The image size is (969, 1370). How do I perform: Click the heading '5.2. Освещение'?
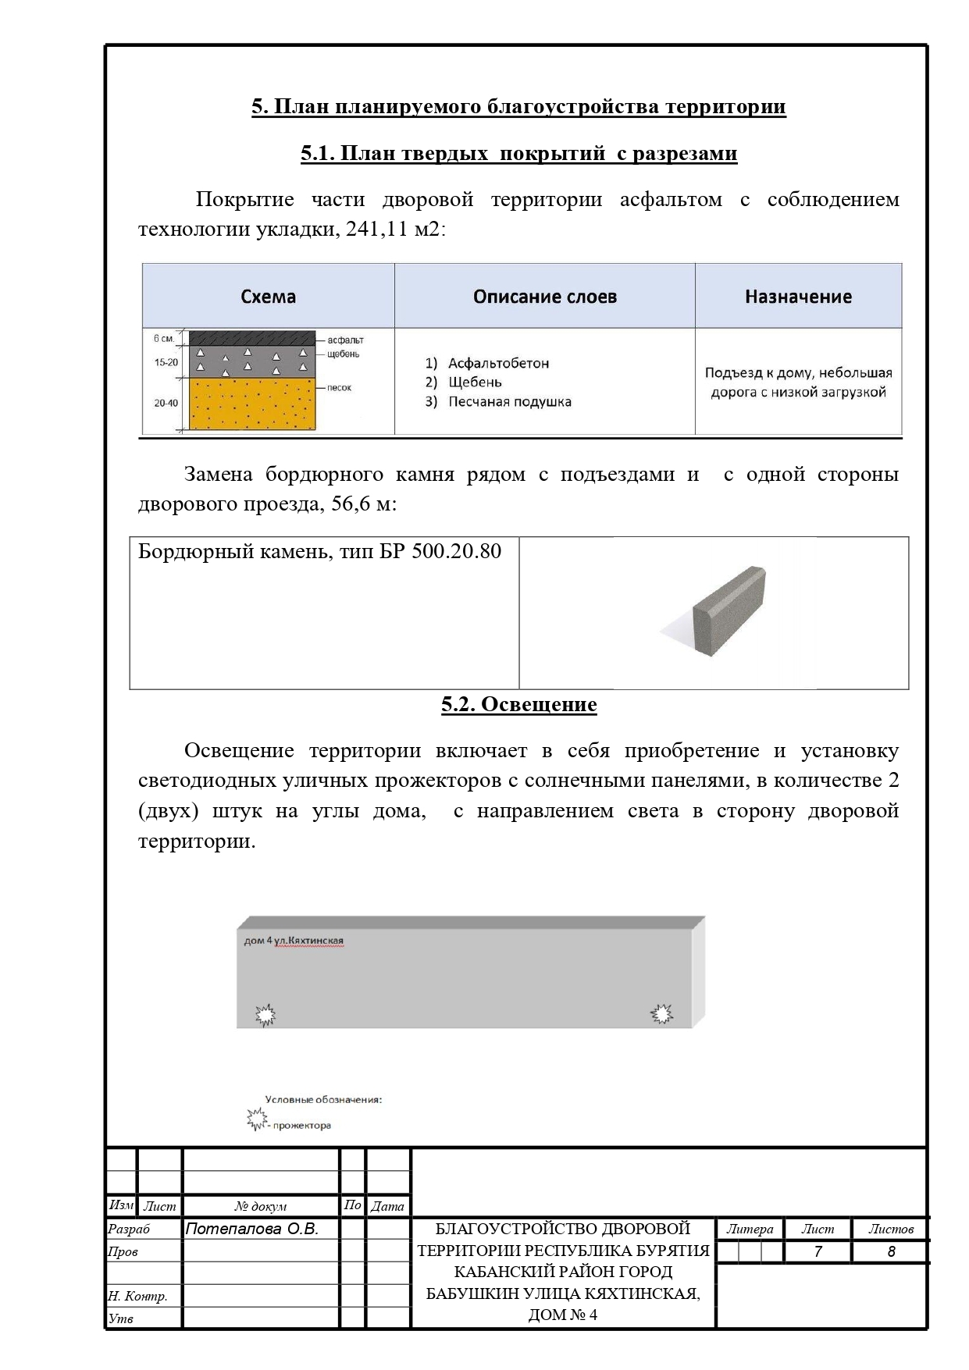tap(518, 705)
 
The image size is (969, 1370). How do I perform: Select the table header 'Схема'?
tap(268, 297)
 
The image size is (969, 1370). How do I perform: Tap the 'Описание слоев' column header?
tap(545, 297)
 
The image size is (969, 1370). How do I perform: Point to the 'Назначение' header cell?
tap(798, 297)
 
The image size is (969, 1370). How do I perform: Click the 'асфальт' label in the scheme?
tap(346, 340)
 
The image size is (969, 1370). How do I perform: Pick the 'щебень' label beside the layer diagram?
tap(344, 354)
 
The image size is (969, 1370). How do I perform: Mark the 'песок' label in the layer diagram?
tap(340, 388)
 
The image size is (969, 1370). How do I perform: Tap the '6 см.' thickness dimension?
tap(164, 339)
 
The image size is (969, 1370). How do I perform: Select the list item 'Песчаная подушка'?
tap(509, 402)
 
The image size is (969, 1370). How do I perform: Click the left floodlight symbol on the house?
tap(266, 1015)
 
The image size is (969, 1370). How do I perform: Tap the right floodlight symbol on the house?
tap(662, 1013)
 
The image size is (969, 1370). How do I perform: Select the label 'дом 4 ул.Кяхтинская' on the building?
tap(294, 941)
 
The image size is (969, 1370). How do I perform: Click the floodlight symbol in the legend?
tap(255, 1119)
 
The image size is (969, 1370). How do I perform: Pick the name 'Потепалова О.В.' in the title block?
tap(252, 1229)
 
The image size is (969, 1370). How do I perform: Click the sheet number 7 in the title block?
tap(818, 1252)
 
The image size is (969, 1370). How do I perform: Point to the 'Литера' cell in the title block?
tap(750, 1229)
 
